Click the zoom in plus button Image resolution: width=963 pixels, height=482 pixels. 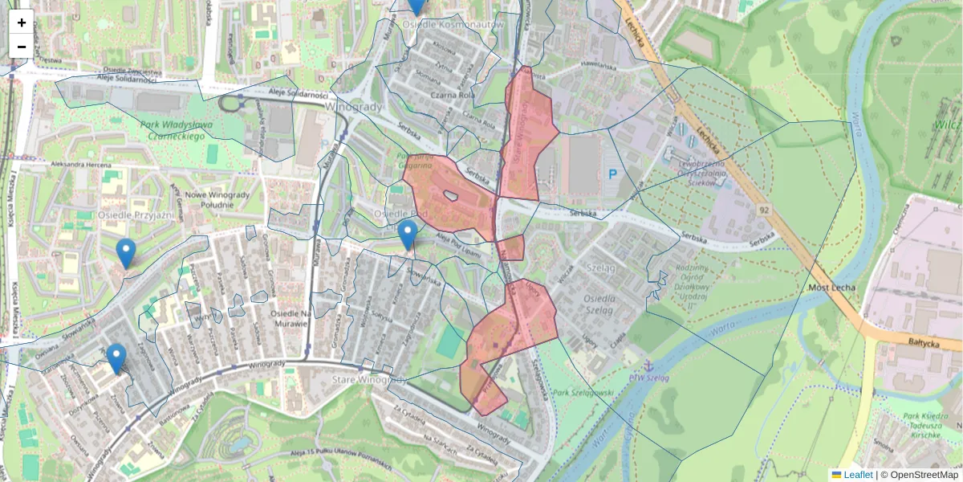pyautogui.click(x=22, y=22)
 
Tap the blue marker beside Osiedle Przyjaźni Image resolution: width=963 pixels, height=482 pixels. pyautogui.click(x=125, y=253)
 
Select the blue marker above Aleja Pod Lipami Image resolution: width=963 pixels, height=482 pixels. pyautogui.click(x=408, y=235)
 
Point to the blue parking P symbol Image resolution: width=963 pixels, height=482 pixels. pyautogui.click(x=613, y=174)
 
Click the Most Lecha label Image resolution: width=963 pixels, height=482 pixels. pyautogui.click(x=832, y=288)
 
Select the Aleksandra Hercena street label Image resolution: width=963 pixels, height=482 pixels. pyautogui.click(x=81, y=164)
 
